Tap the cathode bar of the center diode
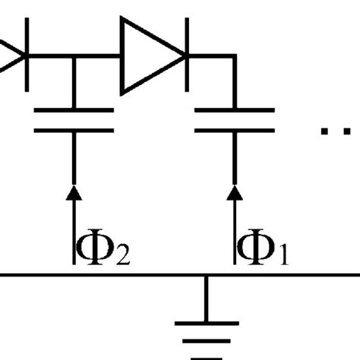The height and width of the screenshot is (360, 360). tap(185, 55)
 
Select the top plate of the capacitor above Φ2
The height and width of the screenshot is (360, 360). tap(74, 112)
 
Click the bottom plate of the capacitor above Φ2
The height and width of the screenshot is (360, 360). tap(74, 131)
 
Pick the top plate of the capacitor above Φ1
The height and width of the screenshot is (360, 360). tap(235, 112)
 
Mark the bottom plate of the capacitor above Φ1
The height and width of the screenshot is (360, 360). tap(235, 131)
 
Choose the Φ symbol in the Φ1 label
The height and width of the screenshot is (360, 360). tap(256, 248)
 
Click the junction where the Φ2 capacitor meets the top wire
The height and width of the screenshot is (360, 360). tap(74, 55)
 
